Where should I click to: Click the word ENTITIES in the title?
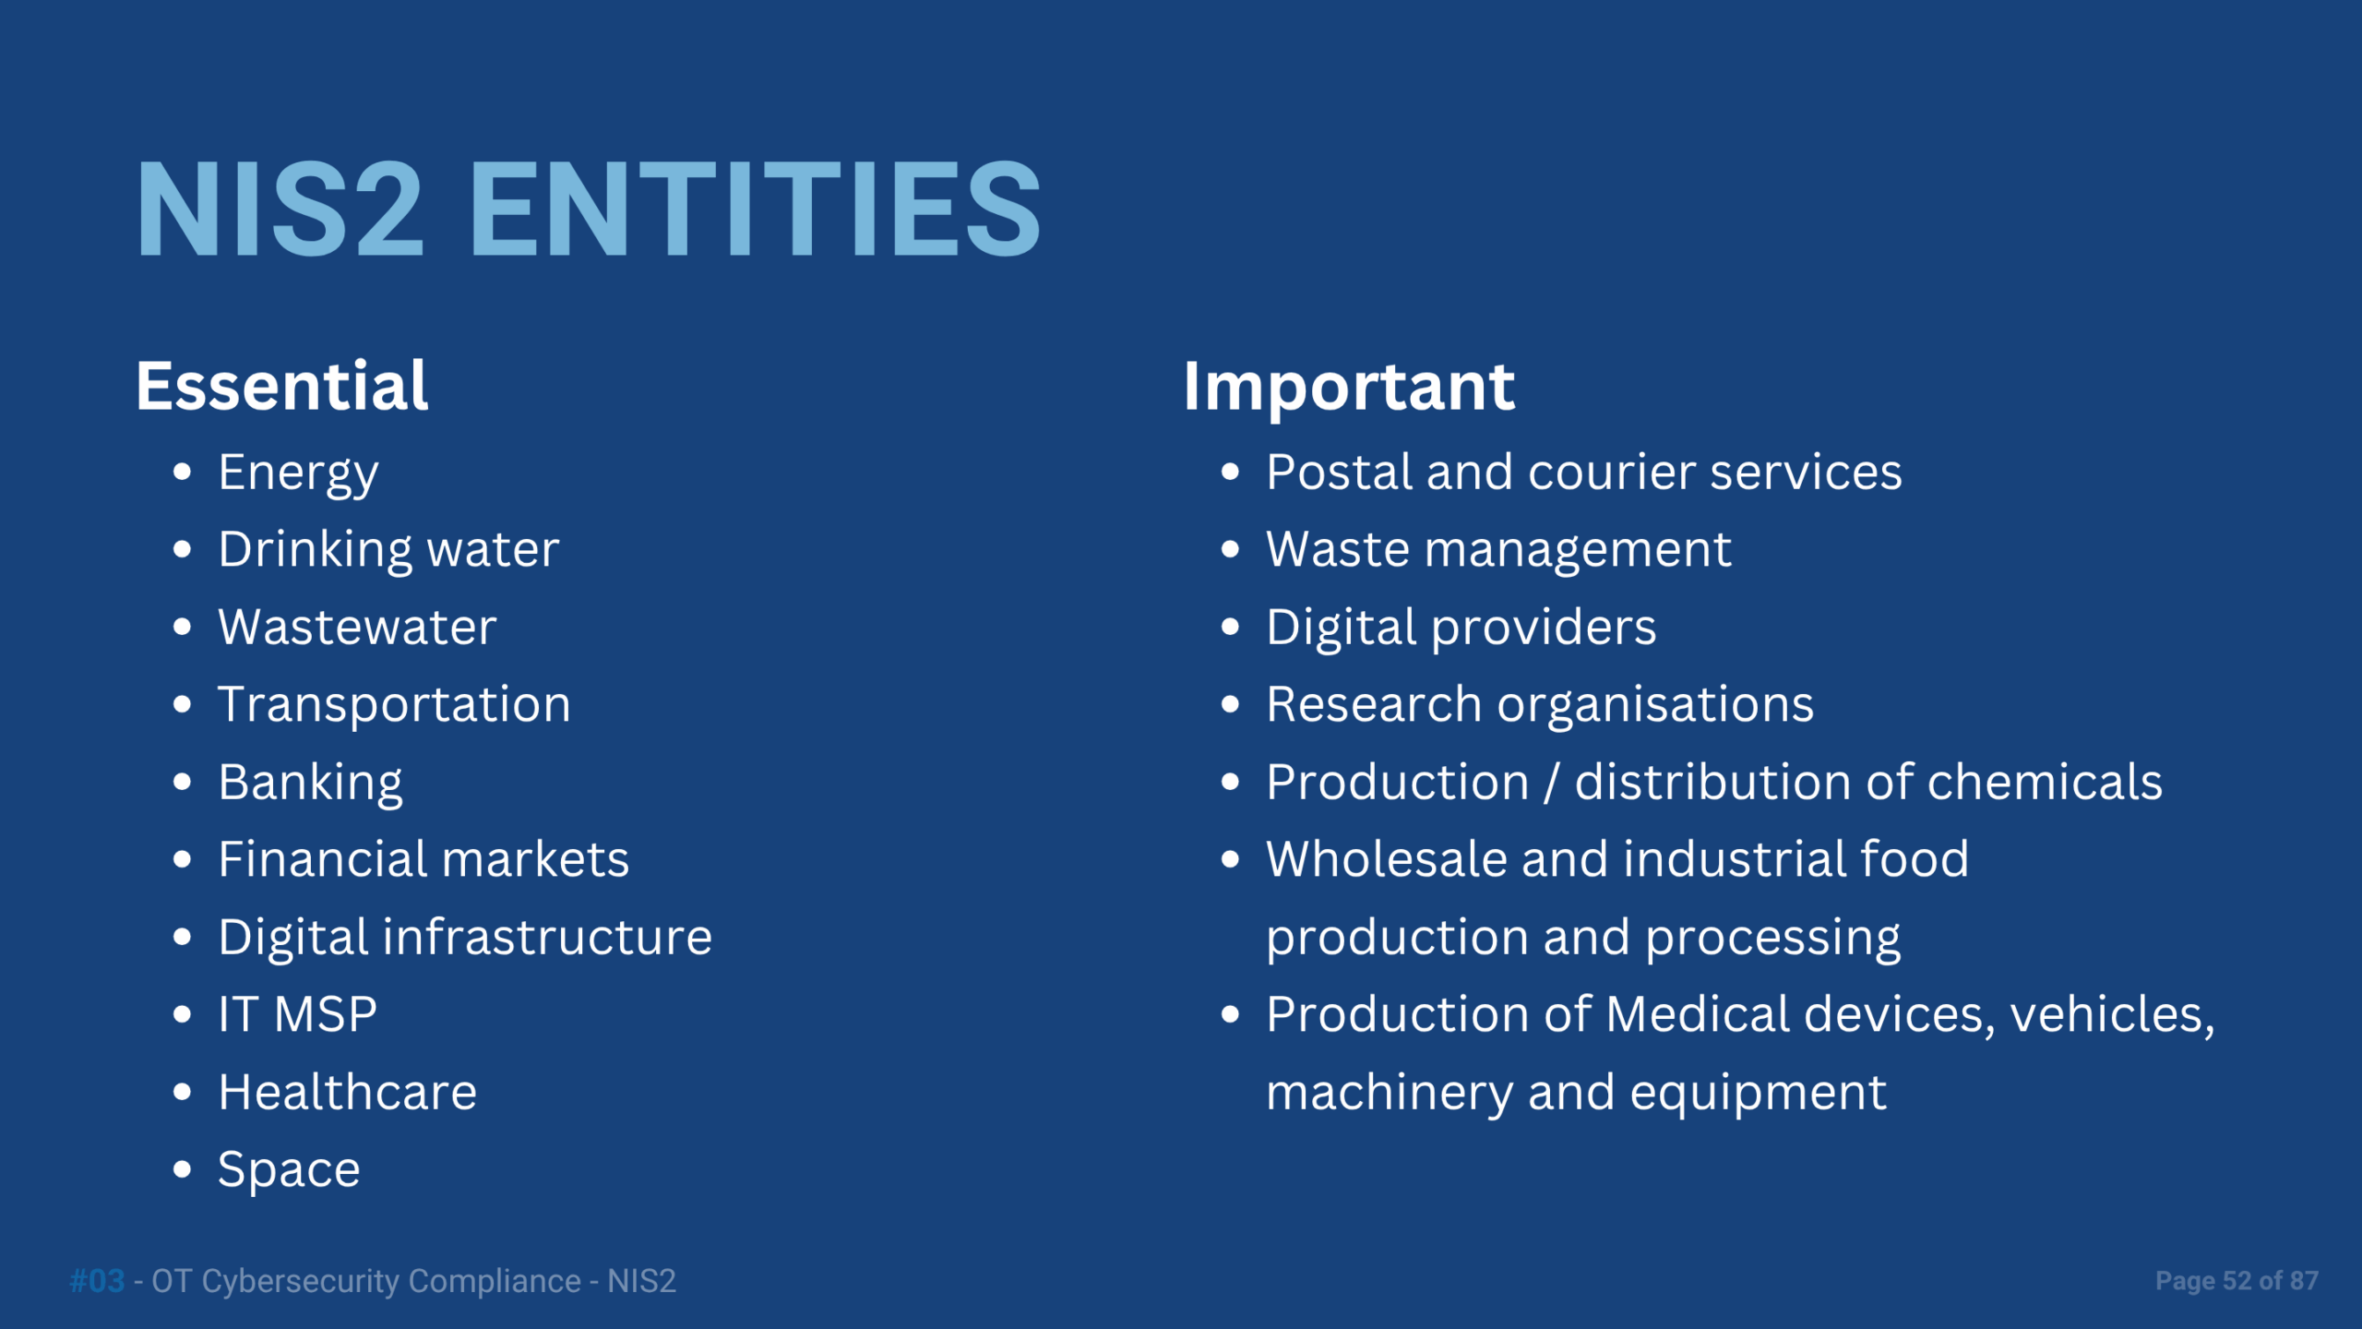click(x=755, y=209)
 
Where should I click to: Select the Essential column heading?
click(x=282, y=386)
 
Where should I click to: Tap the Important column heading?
click(x=1349, y=388)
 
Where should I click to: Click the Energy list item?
click(x=298, y=474)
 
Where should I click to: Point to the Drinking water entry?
click(x=388, y=551)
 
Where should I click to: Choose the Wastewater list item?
click(x=357, y=628)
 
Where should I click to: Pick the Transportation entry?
click(x=394, y=706)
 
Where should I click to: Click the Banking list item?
click(x=310, y=784)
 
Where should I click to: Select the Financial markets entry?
click(x=423, y=859)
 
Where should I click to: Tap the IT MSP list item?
click(x=297, y=1014)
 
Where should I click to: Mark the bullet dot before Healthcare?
click(x=183, y=1093)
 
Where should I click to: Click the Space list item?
click(x=289, y=1171)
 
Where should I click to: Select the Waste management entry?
click(x=1498, y=551)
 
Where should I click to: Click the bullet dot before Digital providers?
click(x=1230, y=628)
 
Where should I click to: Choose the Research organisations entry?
click(x=1540, y=706)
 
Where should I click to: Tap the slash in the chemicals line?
click(x=1552, y=783)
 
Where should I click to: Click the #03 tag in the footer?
click(x=97, y=1281)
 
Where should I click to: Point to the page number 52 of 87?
click(x=2271, y=1281)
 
